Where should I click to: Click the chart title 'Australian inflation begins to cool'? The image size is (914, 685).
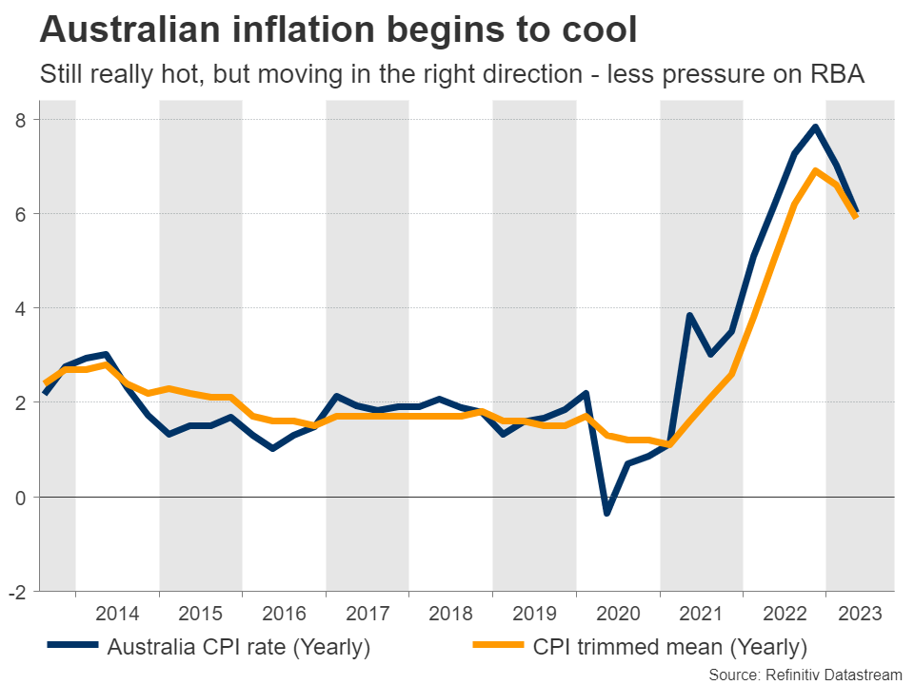click(x=337, y=30)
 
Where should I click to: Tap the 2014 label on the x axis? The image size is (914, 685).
click(x=117, y=613)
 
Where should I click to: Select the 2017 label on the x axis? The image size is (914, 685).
click(x=368, y=613)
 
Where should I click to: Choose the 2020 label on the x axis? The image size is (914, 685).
click(x=617, y=613)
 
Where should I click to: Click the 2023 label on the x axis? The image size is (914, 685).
click(x=860, y=613)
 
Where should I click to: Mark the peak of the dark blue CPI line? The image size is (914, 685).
click(x=816, y=127)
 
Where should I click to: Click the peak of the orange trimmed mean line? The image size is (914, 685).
click(x=816, y=171)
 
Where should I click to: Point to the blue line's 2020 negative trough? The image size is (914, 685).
click(x=607, y=513)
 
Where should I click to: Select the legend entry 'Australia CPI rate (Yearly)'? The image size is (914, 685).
click(x=238, y=648)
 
